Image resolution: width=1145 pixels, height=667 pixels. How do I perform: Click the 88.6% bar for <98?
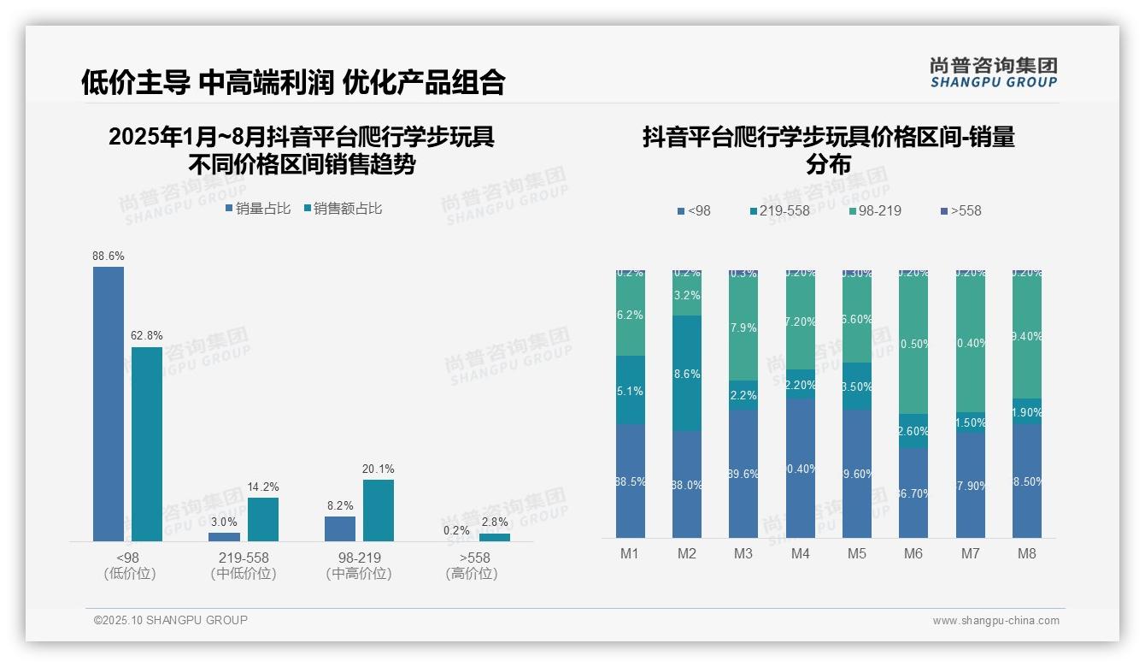(109, 404)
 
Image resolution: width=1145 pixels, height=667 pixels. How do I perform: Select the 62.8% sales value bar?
(147, 444)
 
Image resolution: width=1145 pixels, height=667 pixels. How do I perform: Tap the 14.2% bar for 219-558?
(263, 519)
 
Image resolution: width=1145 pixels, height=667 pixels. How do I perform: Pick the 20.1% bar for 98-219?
(379, 510)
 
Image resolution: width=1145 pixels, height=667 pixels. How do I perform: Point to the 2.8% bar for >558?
(495, 537)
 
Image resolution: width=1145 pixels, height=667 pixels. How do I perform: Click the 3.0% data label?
(225, 522)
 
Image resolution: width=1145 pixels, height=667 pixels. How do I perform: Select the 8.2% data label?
(340, 505)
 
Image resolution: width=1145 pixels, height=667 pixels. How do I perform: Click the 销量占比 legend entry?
(258, 208)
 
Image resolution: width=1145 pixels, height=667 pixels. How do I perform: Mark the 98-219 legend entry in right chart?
(875, 210)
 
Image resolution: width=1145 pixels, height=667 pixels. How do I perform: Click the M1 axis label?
(630, 553)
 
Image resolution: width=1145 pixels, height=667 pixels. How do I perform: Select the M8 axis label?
(1027, 553)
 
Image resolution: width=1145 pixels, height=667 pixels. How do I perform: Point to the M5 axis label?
(857, 553)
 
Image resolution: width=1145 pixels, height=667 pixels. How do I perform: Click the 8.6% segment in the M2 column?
(687, 373)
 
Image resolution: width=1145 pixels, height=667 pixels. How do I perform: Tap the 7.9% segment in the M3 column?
(743, 328)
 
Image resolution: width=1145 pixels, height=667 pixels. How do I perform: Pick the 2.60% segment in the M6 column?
(913, 431)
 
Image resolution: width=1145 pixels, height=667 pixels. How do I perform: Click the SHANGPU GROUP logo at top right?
(994, 73)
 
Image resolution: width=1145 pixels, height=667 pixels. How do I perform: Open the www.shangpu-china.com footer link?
(995, 621)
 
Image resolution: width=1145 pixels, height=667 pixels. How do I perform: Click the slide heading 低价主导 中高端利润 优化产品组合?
(293, 82)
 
